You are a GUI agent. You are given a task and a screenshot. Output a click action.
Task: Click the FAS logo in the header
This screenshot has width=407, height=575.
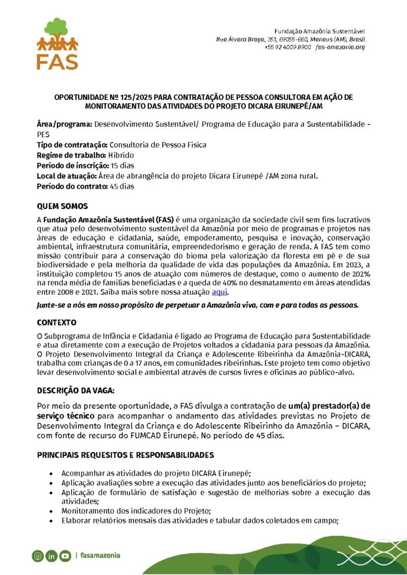click(x=57, y=43)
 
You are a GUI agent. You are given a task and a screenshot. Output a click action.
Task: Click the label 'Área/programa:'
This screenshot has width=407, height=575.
click(x=65, y=124)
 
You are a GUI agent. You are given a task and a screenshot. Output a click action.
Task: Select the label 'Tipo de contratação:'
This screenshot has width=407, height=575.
click(x=72, y=145)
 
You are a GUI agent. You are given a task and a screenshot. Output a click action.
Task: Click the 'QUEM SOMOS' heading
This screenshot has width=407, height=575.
click(x=62, y=206)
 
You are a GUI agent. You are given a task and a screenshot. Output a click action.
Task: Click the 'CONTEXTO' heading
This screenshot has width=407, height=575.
click(x=57, y=323)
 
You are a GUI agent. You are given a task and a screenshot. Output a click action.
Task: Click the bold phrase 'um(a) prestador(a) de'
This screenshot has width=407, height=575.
click(x=329, y=405)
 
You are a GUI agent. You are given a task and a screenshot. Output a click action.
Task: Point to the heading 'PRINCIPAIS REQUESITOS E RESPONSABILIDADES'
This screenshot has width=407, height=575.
click(x=125, y=454)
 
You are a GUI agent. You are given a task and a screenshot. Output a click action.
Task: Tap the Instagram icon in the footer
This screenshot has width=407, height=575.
click(x=38, y=556)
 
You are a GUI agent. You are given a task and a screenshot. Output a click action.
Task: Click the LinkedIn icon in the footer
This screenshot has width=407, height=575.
click(x=52, y=556)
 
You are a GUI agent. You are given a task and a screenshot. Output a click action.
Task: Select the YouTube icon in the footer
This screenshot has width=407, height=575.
click(x=65, y=556)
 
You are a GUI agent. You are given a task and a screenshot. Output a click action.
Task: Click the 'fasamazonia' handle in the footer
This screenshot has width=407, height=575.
click(x=100, y=556)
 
